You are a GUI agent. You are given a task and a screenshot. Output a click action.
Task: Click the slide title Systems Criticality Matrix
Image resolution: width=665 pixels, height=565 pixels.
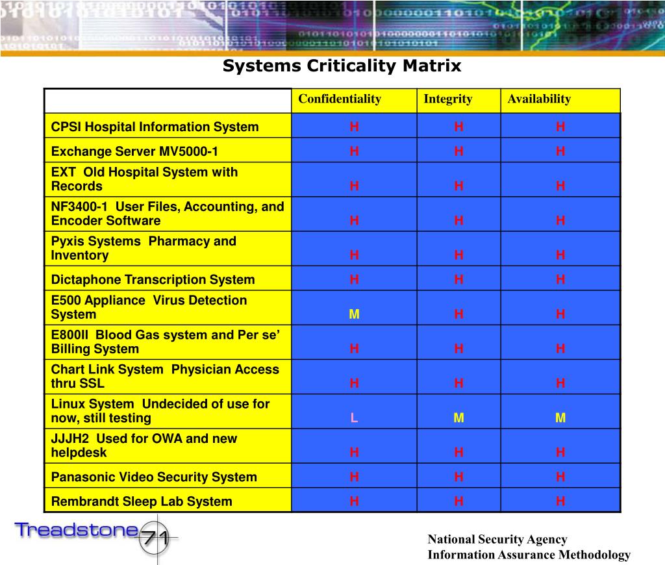click(x=342, y=66)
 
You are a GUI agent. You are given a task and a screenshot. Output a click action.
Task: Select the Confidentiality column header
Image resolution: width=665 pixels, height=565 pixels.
click(x=340, y=99)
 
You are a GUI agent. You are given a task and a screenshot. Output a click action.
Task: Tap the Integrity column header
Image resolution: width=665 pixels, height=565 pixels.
click(x=448, y=99)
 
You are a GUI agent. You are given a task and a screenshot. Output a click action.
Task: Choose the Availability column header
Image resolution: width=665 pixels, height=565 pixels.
click(x=539, y=99)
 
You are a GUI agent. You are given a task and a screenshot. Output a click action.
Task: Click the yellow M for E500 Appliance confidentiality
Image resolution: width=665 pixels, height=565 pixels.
click(x=354, y=314)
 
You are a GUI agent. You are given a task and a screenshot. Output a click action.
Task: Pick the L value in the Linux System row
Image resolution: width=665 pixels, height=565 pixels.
click(x=354, y=418)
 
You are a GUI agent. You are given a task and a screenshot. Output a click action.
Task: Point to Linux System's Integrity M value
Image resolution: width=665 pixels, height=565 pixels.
click(x=458, y=418)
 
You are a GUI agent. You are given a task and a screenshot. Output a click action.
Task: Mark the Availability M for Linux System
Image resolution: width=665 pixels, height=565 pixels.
click(x=560, y=418)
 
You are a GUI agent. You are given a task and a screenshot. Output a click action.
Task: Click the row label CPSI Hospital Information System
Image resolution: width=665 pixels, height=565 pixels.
click(x=155, y=127)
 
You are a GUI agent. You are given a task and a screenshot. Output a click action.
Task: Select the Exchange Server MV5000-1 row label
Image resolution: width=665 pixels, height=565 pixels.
click(x=135, y=152)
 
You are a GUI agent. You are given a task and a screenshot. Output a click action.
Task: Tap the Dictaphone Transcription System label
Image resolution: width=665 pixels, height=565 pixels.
click(x=153, y=280)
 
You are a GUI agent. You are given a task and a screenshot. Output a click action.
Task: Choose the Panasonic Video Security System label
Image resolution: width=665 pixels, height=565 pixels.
click(x=154, y=477)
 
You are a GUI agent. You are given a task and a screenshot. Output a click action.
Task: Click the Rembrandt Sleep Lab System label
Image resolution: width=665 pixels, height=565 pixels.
click(x=142, y=501)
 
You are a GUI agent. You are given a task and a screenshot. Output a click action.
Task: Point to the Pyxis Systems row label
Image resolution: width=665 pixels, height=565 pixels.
click(x=144, y=248)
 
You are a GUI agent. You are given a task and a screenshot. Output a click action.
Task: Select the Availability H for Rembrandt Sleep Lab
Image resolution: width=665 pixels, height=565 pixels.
click(x=560, y=501)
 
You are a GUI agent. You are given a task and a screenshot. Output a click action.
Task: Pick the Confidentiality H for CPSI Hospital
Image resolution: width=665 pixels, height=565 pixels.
click(x=354, y=127)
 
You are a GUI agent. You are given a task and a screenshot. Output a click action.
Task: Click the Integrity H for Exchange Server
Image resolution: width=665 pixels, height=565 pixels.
click(x=458, y=152)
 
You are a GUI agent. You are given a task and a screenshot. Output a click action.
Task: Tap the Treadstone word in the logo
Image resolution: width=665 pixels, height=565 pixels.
click(x=77, y=530)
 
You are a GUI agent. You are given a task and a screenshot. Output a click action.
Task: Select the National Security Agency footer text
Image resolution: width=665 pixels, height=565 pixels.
click(x=497, y=540)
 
